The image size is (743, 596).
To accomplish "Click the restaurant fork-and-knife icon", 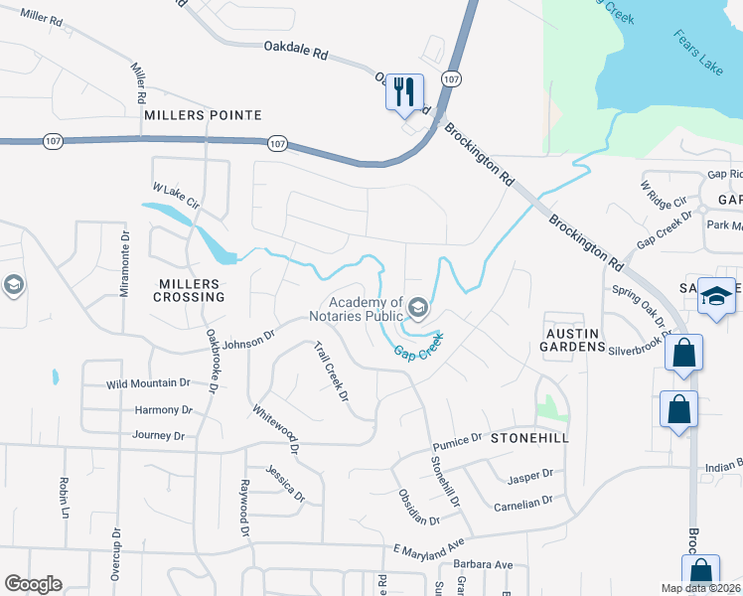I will (404, 92).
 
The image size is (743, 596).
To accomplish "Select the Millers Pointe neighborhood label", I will (203, 115).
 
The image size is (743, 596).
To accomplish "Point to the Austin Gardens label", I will (572, 339).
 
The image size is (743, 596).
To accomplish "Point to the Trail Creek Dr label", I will (331, 372).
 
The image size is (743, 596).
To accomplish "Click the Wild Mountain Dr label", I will (148, 383).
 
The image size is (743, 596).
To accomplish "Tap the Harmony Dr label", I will (163, 409).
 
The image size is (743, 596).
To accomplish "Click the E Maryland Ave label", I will (429, 547).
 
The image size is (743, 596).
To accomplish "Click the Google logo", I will (34, 584).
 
